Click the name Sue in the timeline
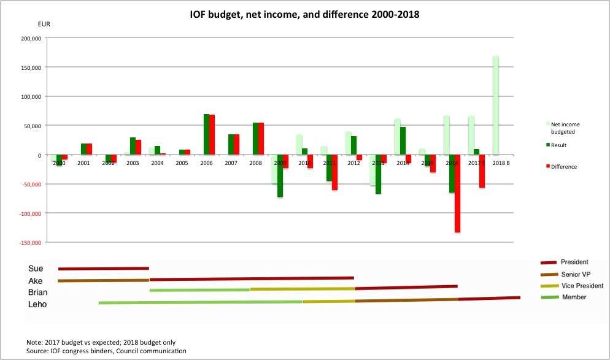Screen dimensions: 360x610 click(x=36, y=269)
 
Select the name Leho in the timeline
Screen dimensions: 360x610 click(x=37, y=304)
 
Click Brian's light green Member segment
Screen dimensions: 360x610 click(x=199, y=290)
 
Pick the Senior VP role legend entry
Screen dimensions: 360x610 click(x=574, y=274)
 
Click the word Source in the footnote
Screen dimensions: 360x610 click(x=38, y=351)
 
